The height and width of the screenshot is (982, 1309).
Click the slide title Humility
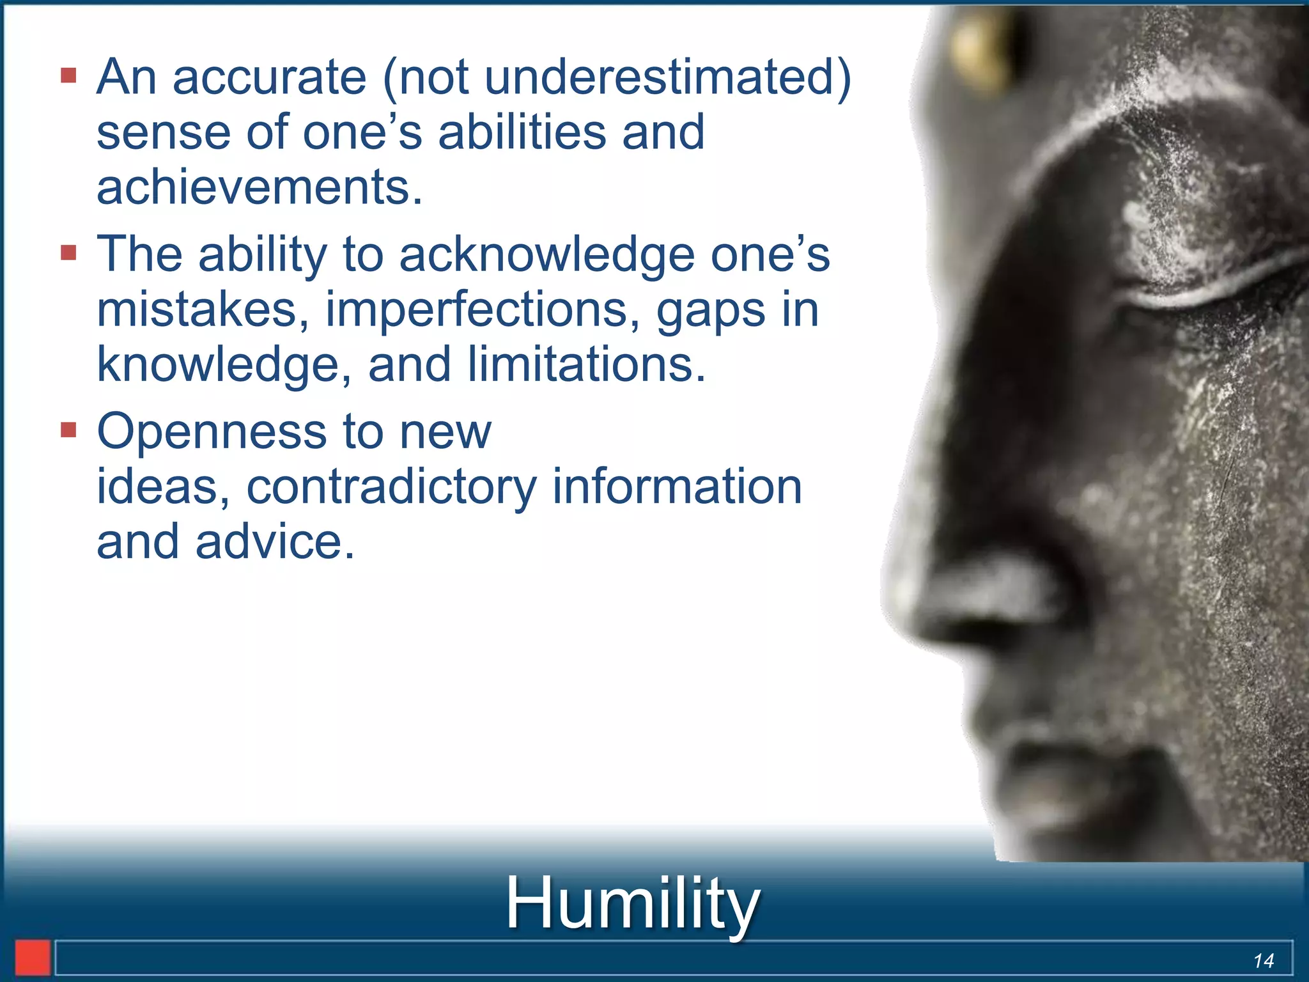(x=632, y=903)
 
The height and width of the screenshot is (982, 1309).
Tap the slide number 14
(x=1263, y=960)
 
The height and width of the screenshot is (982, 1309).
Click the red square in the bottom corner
(x=33, y=958)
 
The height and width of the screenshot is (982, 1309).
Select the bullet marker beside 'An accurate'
(x=69, y=77)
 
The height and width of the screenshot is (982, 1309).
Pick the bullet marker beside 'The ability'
(x=69, y=253)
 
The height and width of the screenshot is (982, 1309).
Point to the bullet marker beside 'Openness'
(x=69, y=430)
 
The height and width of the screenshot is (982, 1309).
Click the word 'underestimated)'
(x=668, y=78)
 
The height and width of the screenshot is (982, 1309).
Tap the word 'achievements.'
(x=259, y=187)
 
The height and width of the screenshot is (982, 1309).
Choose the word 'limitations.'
(x=586, y=364)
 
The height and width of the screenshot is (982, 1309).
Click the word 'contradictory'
(x=391, y=488)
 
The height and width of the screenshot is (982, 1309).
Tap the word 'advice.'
(x=275, y=542)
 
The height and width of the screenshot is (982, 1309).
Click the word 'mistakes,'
(x=203, y=310)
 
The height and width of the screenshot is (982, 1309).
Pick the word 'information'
(x=677, y=487)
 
